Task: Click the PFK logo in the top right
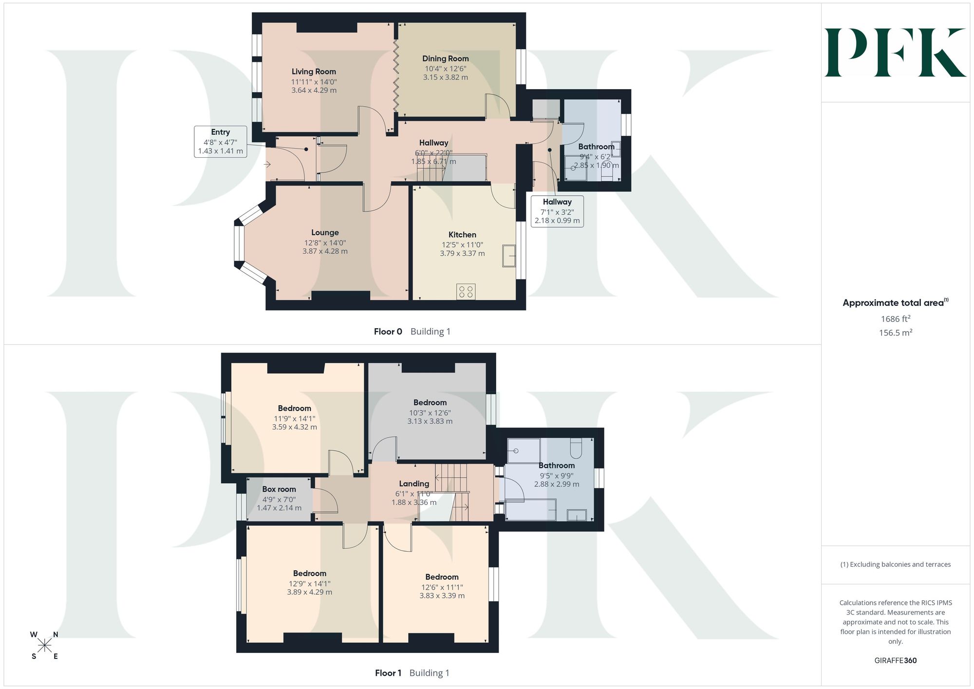895,53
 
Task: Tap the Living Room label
314,72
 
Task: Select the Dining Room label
445,58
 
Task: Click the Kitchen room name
462,235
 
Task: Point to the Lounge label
325,233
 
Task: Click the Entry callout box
221,141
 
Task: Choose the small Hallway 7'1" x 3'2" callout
557,211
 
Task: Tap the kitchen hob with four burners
466,292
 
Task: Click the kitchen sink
509,256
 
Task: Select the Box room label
279,489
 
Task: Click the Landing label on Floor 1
414,484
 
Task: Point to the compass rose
44,646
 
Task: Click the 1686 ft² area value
896,319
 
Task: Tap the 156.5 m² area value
896,333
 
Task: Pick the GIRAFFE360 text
896,660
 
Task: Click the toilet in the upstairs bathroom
576,448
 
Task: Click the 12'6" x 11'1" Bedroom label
442,586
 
